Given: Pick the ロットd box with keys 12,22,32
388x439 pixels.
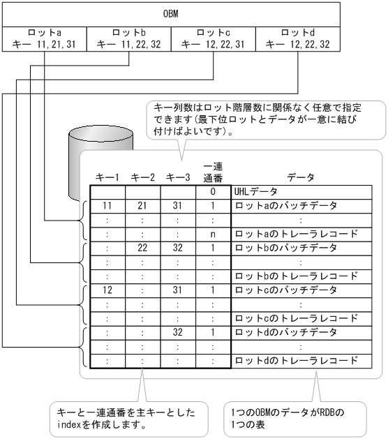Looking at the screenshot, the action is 299,39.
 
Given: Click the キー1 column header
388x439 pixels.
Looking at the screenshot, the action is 107,178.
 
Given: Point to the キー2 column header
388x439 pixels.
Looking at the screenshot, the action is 142,178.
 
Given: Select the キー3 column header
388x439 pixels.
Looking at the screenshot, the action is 177,178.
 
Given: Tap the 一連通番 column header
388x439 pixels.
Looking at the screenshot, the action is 211,171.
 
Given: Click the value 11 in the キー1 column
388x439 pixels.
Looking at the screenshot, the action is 107,206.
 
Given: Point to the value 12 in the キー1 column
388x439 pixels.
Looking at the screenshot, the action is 107,290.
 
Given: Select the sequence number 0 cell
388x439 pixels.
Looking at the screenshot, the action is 211,192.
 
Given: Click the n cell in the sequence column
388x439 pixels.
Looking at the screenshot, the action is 211,234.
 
